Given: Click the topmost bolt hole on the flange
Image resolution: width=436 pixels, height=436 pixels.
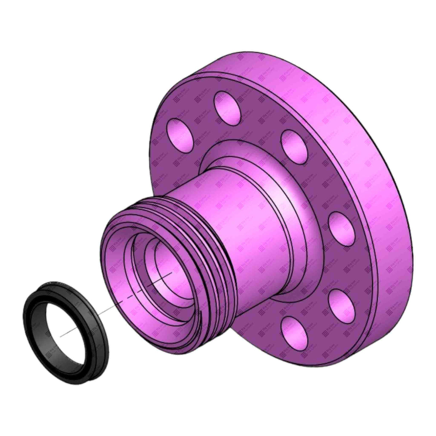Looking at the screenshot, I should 226,104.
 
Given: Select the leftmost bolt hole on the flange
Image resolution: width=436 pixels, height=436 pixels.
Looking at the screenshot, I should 178,135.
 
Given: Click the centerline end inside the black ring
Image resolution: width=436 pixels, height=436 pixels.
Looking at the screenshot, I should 61,336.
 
